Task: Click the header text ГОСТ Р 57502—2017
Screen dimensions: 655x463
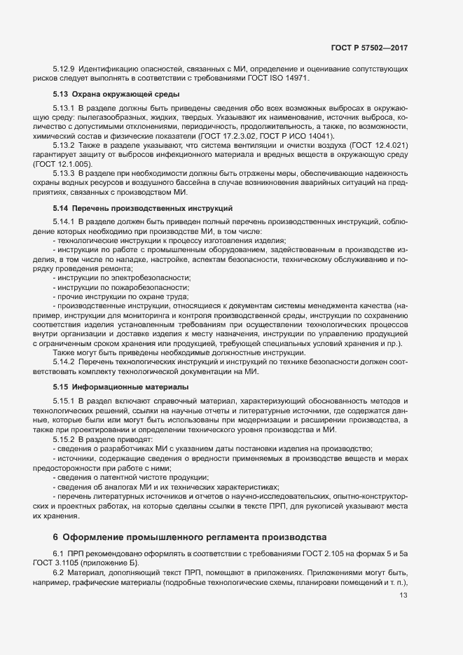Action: (369, 48)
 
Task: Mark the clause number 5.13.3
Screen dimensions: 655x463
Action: (64, 172)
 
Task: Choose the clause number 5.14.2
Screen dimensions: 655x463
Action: (64, 361)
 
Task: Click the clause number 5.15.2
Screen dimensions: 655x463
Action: (64, 438)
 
